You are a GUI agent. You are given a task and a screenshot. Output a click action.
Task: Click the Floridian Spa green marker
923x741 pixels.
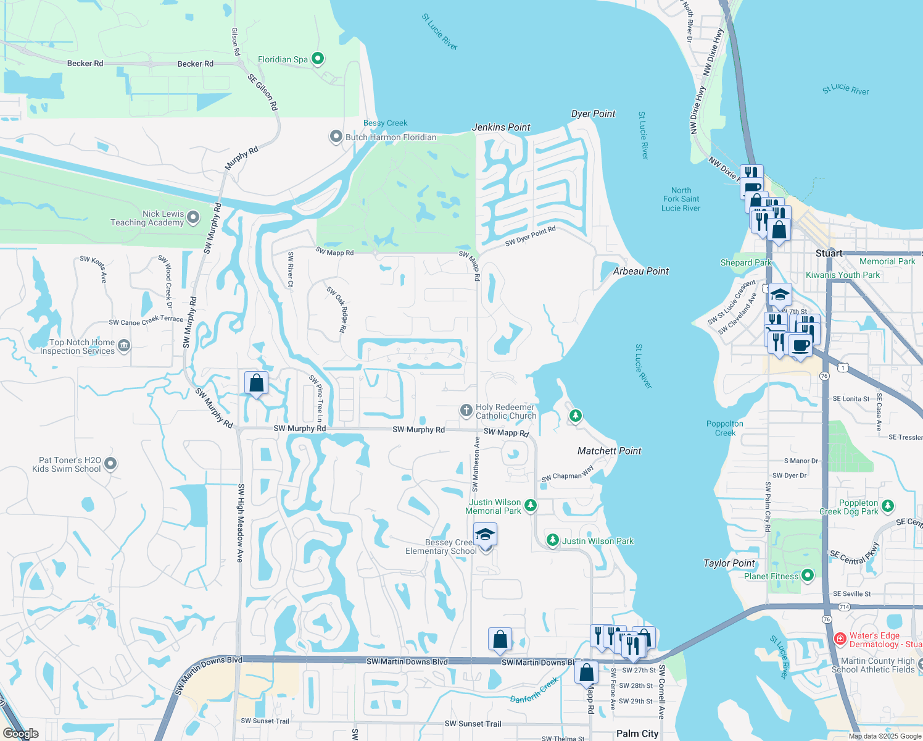(x=318, y=59)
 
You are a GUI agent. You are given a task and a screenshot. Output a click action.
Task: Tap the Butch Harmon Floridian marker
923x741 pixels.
(x=336, y=136)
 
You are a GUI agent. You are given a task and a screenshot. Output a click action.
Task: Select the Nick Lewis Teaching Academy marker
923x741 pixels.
(x=193, y=217)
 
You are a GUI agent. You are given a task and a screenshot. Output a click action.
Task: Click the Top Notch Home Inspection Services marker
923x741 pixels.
(x=124, y=345)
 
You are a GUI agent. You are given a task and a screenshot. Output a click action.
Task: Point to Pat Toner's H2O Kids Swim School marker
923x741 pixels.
(x=110, y=463)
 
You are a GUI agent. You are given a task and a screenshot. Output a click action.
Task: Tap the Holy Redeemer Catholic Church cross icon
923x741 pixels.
(x=466, y=411)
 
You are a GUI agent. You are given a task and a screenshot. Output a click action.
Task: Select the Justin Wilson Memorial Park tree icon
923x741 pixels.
(x=530, y=506)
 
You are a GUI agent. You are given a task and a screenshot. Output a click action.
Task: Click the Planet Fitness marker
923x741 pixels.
(x=807, y=576)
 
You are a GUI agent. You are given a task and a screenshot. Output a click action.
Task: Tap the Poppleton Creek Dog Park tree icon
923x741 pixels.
(x=888, y=506)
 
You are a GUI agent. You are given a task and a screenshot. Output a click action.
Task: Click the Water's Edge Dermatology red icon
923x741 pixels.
(x=840, y=639)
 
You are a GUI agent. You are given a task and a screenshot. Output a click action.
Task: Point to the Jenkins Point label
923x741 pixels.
(x=501, y=127)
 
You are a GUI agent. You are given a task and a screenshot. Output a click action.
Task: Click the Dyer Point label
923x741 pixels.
(x=593, y=114)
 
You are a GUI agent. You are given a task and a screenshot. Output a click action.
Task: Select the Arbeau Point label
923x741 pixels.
(x=640, y=271)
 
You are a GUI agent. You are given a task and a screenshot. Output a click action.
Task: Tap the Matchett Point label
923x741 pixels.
(x=609, y=451)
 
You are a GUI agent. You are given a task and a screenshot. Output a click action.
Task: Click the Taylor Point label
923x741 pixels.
(x=729, y=563)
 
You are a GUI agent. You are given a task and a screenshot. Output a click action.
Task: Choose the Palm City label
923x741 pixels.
(x=637, y=734)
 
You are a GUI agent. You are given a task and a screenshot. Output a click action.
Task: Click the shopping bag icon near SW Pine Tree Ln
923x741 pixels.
(x=256, y=384)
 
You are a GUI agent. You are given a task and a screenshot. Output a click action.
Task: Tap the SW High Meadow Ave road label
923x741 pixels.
(x=241, y=522)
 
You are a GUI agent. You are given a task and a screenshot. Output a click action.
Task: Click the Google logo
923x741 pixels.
(x=21, y=734)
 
